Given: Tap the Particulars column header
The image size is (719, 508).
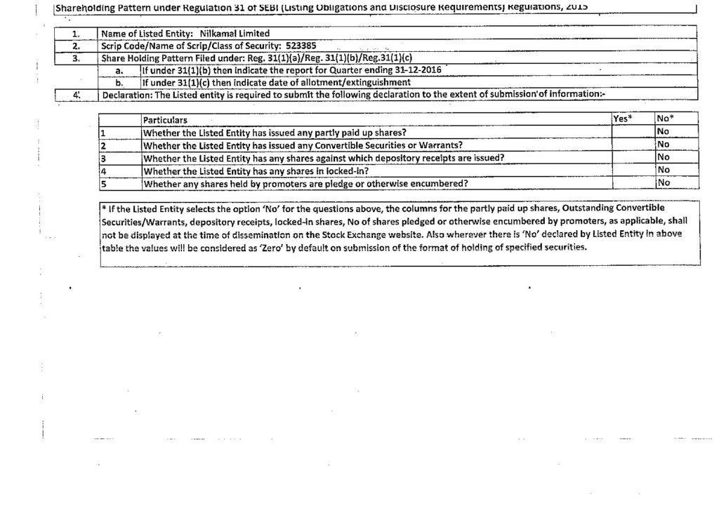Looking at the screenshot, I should click(x=165, y=121).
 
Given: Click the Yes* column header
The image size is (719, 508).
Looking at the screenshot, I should click(x=621, y=119).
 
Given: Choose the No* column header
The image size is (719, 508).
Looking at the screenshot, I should click(x=665, y=119).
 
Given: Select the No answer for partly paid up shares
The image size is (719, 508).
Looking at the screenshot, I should click(x=663, y=132).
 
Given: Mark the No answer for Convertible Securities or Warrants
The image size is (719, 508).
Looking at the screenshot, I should click(x=663, y=145).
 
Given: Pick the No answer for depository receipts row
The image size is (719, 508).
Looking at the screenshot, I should click(x=663, y=157).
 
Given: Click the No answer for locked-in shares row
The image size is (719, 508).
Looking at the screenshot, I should click(x=663, y=170).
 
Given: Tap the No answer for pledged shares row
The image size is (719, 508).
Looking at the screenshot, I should click(x=663, y=182).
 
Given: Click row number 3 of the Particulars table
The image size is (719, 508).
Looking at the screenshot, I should click(x=103, y=158).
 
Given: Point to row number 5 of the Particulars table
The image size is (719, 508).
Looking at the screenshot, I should click(x=103, y=184).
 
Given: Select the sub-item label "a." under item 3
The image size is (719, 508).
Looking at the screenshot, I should click(x=119, y=71).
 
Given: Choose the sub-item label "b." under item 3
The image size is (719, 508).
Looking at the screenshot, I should click(x=119, y=82).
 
